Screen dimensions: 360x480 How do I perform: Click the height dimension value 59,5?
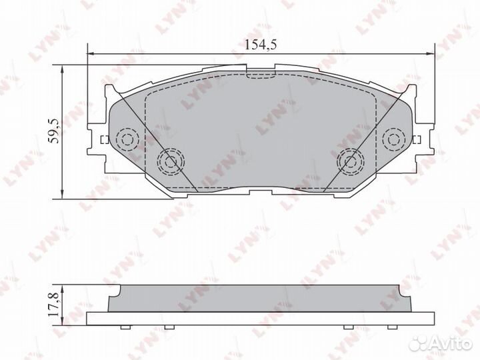click(54, 130)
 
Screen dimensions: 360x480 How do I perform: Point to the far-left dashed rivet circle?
click(126, 139)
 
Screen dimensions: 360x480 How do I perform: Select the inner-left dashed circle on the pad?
click(169, 159)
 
